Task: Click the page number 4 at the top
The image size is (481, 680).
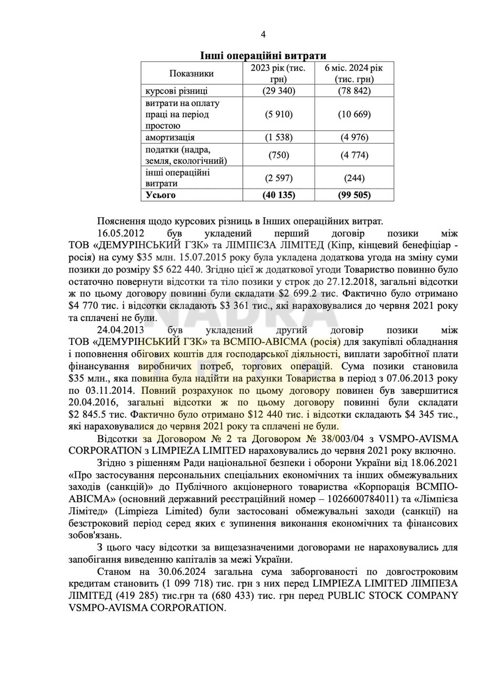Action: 263,35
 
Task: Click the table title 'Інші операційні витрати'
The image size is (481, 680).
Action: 263,55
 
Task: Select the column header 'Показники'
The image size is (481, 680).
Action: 191,73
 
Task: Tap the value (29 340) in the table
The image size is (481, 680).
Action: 279,91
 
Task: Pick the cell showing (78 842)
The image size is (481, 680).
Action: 354,91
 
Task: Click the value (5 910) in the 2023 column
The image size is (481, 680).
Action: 279,114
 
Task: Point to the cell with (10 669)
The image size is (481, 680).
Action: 354,114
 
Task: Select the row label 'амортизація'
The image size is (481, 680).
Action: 170,137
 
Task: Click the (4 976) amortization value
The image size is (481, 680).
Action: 354,137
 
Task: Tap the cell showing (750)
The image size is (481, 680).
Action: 279,155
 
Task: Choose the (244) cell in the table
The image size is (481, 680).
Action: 354,178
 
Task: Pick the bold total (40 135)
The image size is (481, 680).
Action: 279,195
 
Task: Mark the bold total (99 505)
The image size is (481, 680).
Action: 354,195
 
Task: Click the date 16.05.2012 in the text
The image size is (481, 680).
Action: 120,233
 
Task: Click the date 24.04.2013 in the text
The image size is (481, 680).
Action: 120,330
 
